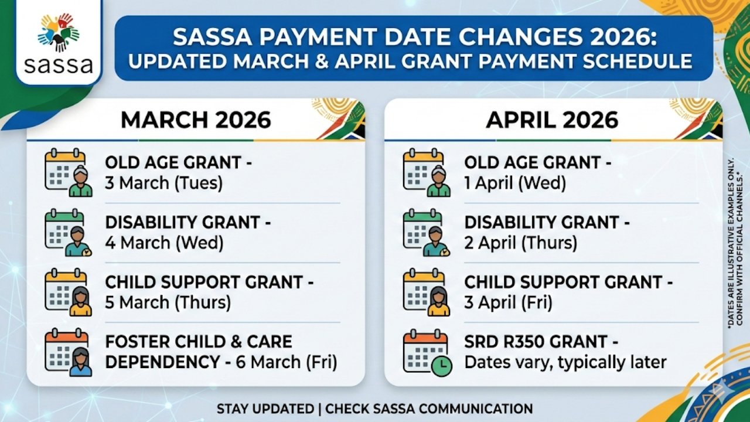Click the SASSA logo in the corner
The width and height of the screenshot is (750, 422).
click(x=58, y=44)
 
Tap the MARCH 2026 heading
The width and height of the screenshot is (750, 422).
click(x=196, y=120)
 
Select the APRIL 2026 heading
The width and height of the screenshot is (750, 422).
click(x=553, y=120)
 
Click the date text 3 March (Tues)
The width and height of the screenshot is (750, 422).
click(x=164, y=183)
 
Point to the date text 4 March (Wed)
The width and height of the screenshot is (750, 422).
click(x=164, y=242)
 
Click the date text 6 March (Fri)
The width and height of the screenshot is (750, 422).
click(x=287, y=362)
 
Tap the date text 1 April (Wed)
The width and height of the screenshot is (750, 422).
click(x=515, y=183)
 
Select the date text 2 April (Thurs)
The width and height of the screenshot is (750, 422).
click(x=520, y=242)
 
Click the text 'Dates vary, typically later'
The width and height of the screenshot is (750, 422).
click(x=565, y=362)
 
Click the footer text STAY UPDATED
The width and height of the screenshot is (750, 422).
click(x=266, y=409)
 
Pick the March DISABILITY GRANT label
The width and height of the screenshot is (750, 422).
click(x=182, y=223)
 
